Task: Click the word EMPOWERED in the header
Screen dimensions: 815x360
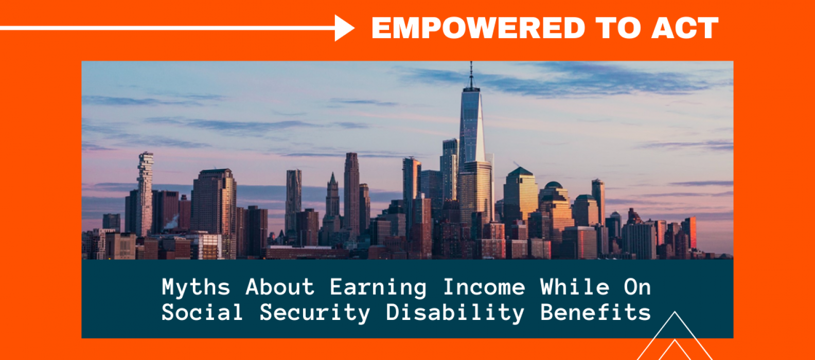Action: [x=478, y=28]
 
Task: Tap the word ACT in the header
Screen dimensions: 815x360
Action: [x=685, y=28]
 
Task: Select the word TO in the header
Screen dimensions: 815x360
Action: [x=618, y=28]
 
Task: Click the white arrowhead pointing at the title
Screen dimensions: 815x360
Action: [x=344, y=28]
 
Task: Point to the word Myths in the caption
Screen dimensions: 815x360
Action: [x=196, y=287]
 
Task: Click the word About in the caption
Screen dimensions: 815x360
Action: [x=280, y=287]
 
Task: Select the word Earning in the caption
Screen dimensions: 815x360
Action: [x=378, y=288]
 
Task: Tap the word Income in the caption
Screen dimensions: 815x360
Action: [x=484, y=287]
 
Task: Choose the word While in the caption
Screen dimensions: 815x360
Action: [x=575, y=287]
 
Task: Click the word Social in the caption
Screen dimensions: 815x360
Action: [x=202, y=312]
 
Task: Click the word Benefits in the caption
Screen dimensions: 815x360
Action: [x=596, y=312]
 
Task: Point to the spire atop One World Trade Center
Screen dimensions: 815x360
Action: [x=471, y=75]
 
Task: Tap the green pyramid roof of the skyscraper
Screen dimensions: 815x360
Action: [x=520, y=172]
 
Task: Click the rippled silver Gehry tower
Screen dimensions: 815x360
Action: [x=293, y=200]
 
